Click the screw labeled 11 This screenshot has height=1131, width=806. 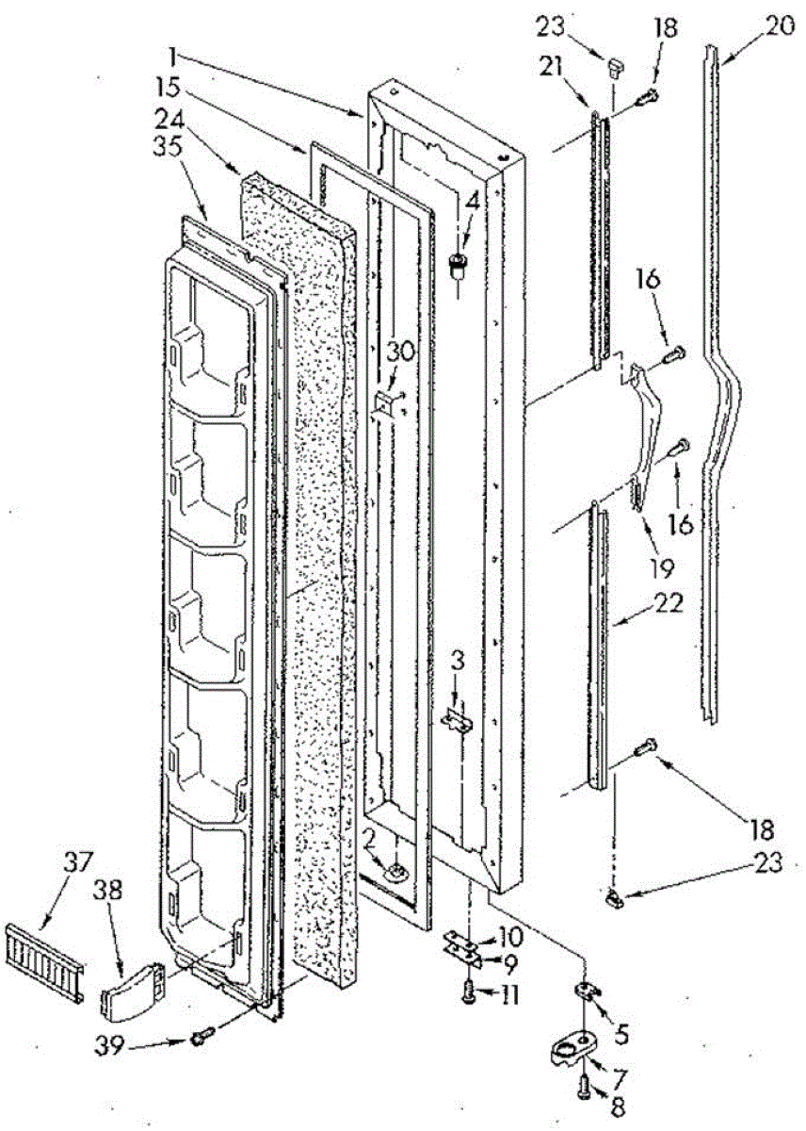tap(468, 992)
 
